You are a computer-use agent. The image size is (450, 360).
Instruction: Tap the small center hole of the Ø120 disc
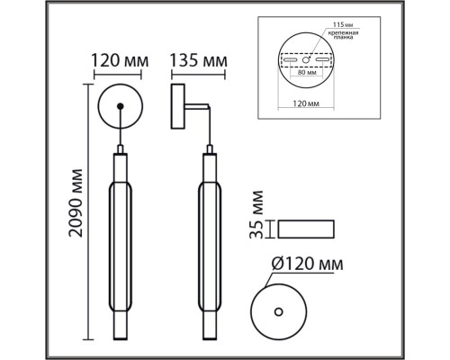(278, 311)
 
